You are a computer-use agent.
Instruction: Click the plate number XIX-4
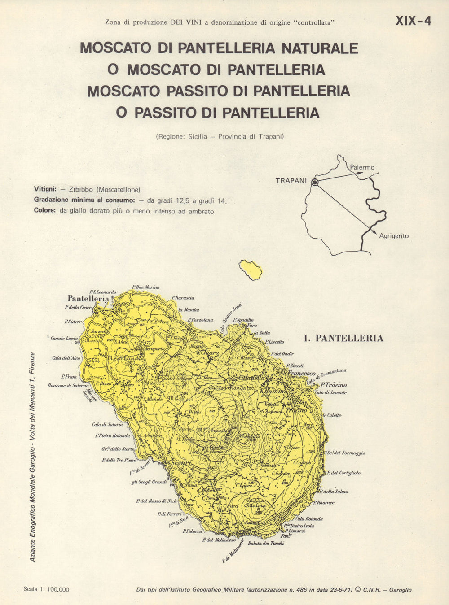click(x=413, y=21)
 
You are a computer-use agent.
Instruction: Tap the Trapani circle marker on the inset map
click(x=315, y=182)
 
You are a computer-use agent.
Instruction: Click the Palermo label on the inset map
click(x=362, y=167)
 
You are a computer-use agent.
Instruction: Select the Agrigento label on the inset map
click(x=394, y=236)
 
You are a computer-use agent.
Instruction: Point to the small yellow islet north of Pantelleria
click(x=251, y=269)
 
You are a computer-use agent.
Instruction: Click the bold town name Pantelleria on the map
click(x=88, y=299)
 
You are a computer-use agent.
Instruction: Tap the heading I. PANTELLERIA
click(x=343, y=339)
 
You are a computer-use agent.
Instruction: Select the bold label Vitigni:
click(x=45, y=189)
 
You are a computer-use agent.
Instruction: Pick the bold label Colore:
click(x=45, y=211)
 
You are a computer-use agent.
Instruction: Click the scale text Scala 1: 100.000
click(x=46, y=589)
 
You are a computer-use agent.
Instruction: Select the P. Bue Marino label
click(x=145, y=287)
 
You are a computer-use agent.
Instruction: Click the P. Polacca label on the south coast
click(x=193, y=531)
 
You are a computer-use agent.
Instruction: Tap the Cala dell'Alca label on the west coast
click(x=66, y=358)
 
